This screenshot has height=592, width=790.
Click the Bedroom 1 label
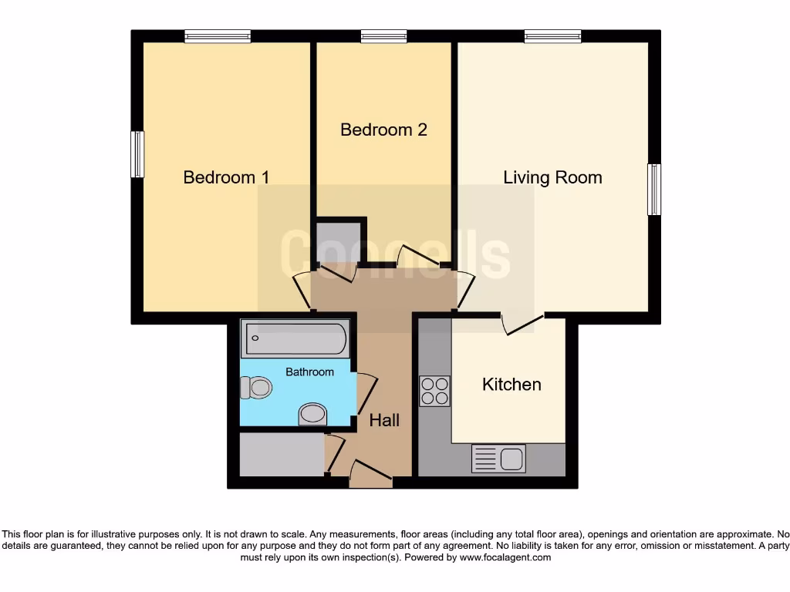click(x=226, y=177)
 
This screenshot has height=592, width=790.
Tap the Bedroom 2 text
click(x=383, y=129)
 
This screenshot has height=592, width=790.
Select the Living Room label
click(x=552, y=177)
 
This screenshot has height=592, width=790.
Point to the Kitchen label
click(x=511, y=384)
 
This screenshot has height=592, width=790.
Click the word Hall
click(x=384, y=420)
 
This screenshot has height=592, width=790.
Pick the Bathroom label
click(x=309, y=372)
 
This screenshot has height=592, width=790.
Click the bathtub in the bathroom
click(x=295, y=339)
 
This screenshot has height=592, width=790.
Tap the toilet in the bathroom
click(x=255, y=387)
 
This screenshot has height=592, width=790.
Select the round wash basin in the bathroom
click(x=312, y=414)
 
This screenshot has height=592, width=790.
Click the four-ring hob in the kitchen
click(x=434, y=390)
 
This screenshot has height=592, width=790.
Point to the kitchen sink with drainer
click(x=498, y=459)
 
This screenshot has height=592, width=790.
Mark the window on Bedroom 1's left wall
click(x=137, y=154)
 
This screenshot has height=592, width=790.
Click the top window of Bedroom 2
click(x=383, y=35)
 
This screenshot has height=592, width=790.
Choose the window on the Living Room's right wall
click(x=654, y=190)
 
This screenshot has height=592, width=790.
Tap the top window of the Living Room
click(x=552, y=35)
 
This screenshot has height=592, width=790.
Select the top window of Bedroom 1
click(x=218, y=35)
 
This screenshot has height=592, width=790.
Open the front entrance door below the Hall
click(x=371, y=475)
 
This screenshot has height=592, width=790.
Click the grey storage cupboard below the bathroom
click(x=282, y=455)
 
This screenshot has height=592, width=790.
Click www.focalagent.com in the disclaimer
click(x=505, y=557)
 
